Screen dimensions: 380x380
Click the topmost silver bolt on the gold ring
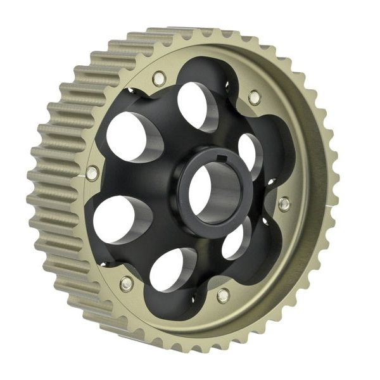158,78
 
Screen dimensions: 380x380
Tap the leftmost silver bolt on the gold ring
92,173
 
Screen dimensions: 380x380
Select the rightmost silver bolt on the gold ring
284,203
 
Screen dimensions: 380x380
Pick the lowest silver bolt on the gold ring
223,295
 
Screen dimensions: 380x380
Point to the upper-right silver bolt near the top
253,97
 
